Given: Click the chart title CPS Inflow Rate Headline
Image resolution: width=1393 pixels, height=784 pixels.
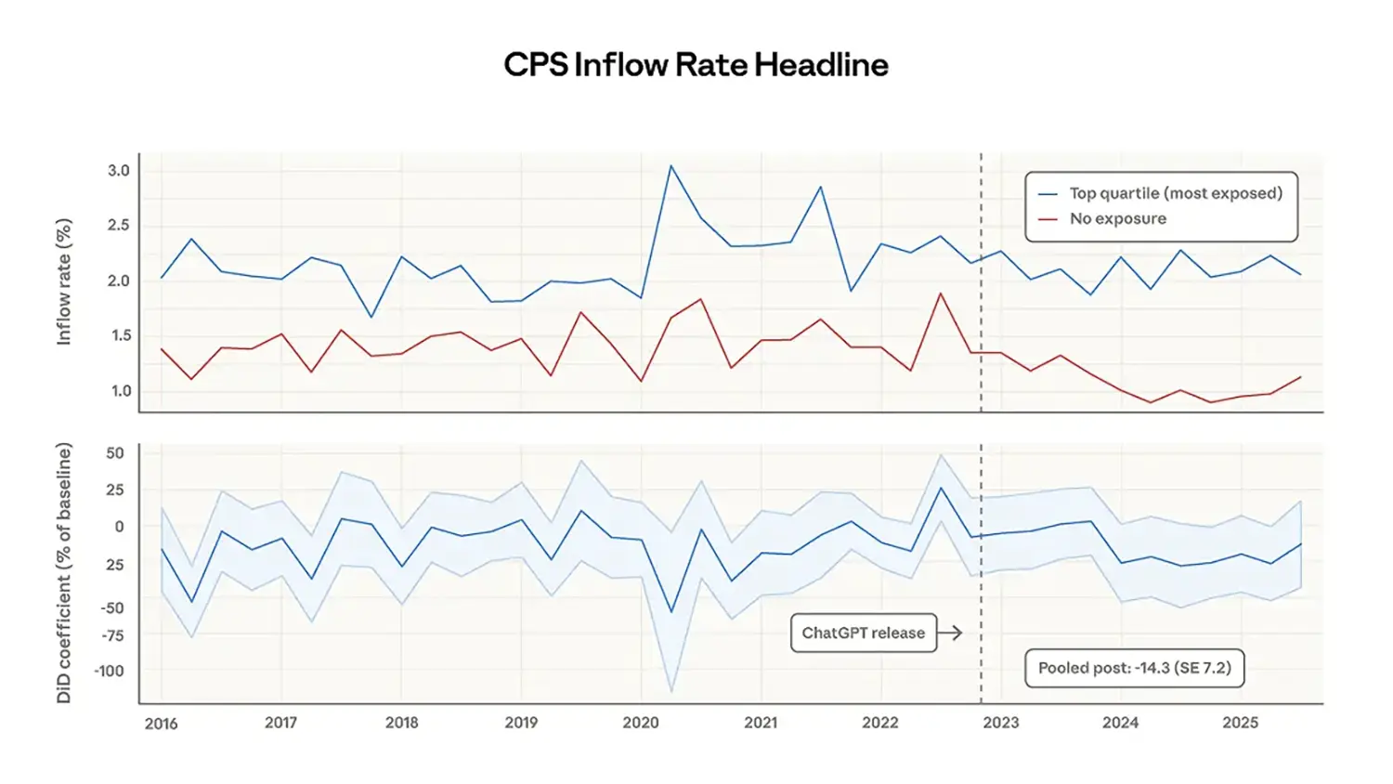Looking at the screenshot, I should [696, 65].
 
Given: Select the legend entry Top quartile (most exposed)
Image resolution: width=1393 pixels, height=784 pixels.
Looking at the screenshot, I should [1175, 193].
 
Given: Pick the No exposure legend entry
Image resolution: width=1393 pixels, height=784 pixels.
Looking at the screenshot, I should [1117, 219].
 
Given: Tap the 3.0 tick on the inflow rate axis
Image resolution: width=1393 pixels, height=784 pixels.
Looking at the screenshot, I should [119, 171].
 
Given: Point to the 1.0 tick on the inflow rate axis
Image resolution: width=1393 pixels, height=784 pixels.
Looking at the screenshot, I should [121, 391].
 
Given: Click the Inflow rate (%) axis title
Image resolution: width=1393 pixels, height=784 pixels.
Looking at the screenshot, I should [64, 282].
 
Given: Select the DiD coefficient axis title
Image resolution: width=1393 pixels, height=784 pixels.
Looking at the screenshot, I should [64, 572].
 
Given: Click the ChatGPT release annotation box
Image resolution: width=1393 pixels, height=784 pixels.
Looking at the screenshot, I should [863, 633].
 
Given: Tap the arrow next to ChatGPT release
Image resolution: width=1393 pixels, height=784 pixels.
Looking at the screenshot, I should [950, 633].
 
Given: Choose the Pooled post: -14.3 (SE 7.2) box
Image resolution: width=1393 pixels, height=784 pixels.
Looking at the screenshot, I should [1134, 668].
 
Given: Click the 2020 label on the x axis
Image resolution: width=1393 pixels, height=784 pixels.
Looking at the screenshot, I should [641, 723].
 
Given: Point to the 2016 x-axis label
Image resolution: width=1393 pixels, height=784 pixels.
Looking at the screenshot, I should [161, 724].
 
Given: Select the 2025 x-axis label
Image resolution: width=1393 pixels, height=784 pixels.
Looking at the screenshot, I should [1240, 723].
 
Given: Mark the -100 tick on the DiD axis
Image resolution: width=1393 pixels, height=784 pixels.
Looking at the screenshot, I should [109, 671].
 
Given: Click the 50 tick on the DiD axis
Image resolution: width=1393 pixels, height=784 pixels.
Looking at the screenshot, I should [114, 453].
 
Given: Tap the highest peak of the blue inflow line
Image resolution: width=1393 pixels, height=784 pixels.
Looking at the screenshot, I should [670, 166].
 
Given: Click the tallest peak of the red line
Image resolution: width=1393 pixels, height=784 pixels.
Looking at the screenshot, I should [941, 294].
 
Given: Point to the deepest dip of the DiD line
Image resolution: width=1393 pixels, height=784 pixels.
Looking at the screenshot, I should [671, 612].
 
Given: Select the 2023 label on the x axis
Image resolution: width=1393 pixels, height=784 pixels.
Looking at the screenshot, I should [1000, 723].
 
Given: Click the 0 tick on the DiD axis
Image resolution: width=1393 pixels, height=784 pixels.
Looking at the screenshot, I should [119, 527].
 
